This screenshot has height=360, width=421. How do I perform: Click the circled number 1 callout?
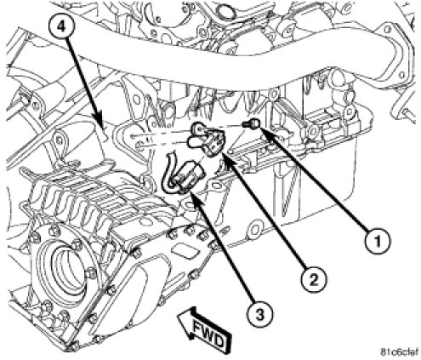[378, 242]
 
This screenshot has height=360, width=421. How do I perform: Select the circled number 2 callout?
[314, 279]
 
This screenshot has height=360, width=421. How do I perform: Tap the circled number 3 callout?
[259, 314]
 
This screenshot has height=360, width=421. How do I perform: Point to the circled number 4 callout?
[62, 26]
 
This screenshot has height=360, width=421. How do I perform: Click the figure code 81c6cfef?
[400, 352]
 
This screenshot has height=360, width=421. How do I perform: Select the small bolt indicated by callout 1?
[249, 123]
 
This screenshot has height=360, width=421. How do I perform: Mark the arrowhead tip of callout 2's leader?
[221, 152]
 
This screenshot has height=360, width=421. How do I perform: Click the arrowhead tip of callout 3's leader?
[190, 191]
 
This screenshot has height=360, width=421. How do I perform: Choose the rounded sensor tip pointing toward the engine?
[193, 141]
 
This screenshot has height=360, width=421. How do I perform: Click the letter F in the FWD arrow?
[198, 325]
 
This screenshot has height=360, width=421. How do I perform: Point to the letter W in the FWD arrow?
[208, 332]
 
